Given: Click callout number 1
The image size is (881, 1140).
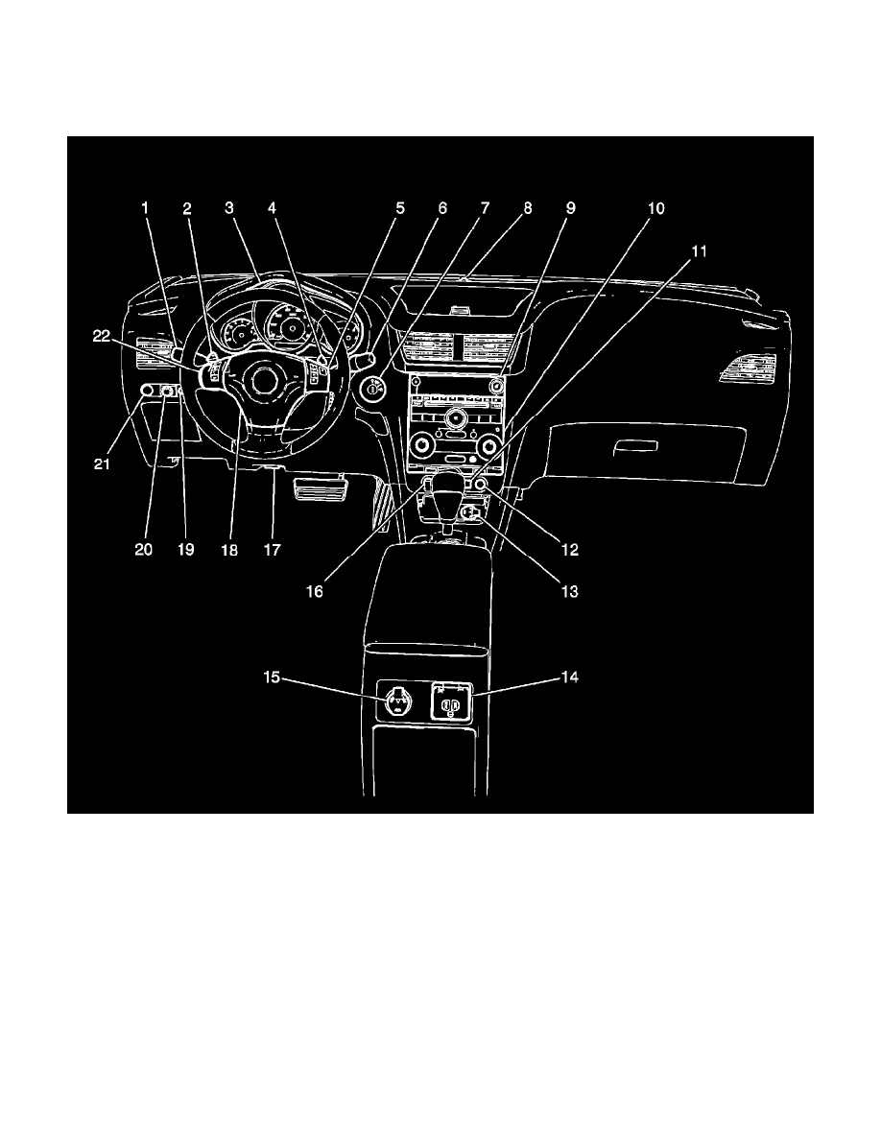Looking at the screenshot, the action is pyautogui.click(x=145, y=208).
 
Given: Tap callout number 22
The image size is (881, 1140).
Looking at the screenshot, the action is pyautogui.click(x=102, y=336).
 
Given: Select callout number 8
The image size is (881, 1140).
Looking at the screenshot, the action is pyautogui.click(x=528, y=208).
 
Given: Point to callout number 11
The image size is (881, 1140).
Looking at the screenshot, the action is pyautogui.click(x=699, y=251).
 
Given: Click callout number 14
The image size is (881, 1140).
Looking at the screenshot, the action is pyautogui.click(x=570, y=677).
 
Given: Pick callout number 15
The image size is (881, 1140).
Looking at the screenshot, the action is pyautogui.click(x=272, y=677).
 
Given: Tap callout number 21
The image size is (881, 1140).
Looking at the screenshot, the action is pyautogui.click(x=102, y=463).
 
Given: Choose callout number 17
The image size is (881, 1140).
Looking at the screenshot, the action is pyautogui.click(x=272, y=550).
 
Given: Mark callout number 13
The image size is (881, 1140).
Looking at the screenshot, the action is pyautogui.click(x=570, y=592).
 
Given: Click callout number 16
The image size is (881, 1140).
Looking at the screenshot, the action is pyautogui.click(x=314, y=592).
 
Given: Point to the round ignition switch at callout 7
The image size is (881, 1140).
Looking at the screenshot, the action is pyautogui.click(x=372, y=390).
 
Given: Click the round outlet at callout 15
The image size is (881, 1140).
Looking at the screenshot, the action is pyautogui.click(x=398, y=701).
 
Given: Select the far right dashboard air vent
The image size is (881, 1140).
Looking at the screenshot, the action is pyautogui.click(x=748, y=368).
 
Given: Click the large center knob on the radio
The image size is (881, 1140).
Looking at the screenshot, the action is pyautogui.click(x=457, y=418).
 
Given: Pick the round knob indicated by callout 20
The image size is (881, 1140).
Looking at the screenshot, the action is pyautogui.click(x=167, y=392).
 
